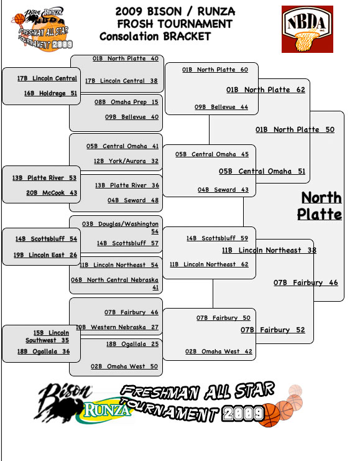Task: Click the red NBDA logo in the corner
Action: [x=307, y=29]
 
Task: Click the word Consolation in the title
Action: [x=129, y=37]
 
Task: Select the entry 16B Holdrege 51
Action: [x=50, y=93]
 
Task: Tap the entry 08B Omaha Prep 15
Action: [x=126, y=102]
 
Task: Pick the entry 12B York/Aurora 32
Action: [x=126, y=161]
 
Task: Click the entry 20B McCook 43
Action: [x=52, y=193]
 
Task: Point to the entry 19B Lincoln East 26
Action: [x=45, y=255]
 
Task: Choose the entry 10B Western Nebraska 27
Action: [x=118, y=327]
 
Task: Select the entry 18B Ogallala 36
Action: [x=44, y=352]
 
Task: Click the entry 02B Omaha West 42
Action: [x=219, y=352]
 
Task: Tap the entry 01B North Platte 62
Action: [x=265, y=90]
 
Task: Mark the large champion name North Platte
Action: [x=320, y=206]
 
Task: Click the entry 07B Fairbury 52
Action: [x=273, y=330]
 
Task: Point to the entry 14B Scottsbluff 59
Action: [x=217, y=238]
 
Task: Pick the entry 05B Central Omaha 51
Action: [x=262, y=172]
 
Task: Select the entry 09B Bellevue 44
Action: [x=221, y=107]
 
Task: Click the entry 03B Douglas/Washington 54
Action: [x=121, y=228]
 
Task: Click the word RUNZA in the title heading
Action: [x=216, y=12]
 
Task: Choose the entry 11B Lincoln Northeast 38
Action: [x=269, y=250]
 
